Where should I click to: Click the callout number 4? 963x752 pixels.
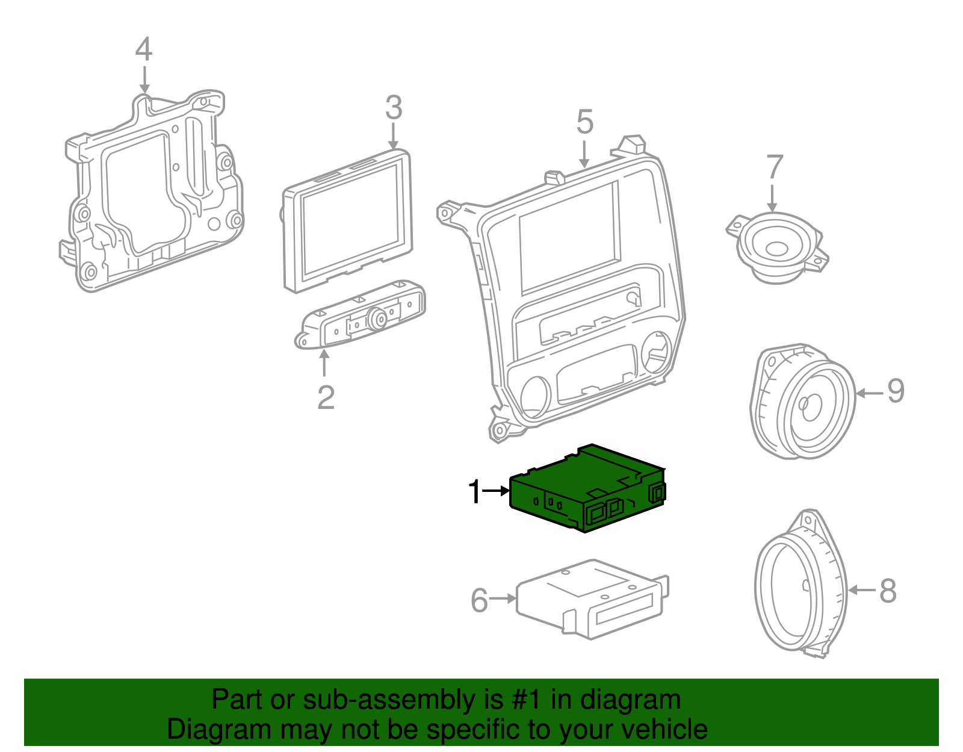(143, 49)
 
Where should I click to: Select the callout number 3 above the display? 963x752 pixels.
(393, 108)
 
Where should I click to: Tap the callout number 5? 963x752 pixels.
(584, 122)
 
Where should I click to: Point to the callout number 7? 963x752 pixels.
(774, 167)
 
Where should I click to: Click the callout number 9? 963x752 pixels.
(896, 391)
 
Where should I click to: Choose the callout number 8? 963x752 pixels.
(888, 591)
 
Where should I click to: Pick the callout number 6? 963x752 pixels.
(479, 600)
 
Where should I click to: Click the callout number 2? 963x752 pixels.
(326, 397)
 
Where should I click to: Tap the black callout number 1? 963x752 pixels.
(475, 492)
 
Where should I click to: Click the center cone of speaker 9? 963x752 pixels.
(810, 406)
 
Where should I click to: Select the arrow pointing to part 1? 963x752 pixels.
(497, 491)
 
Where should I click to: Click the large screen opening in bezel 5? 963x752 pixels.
(569, 238)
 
